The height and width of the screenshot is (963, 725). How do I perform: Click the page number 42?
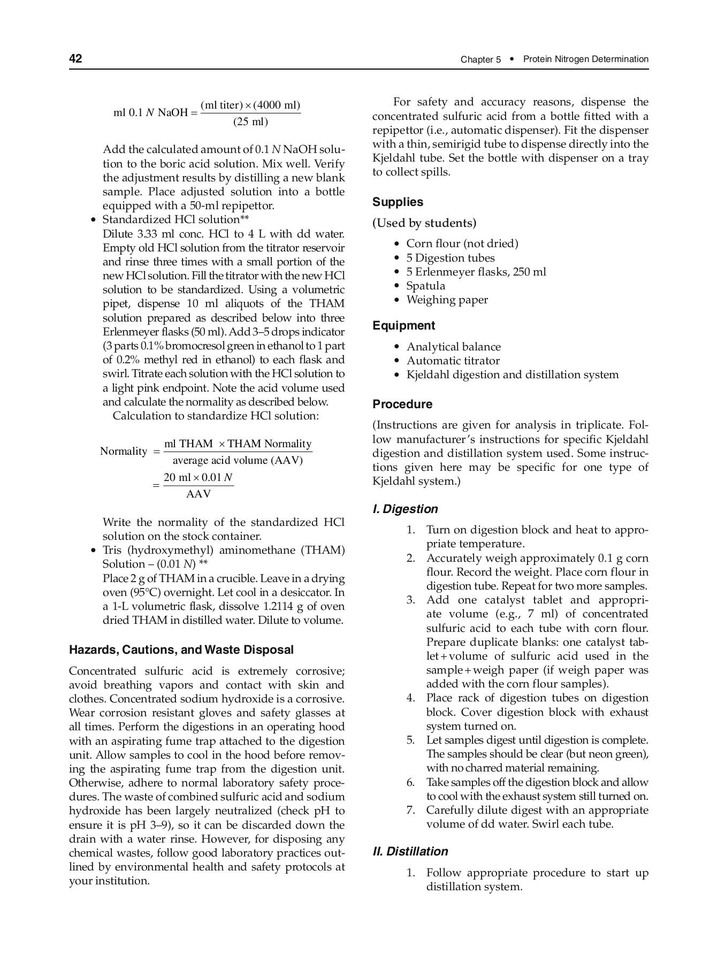[x=75, y=59]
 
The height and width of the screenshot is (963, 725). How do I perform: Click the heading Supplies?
[x=398, y=202]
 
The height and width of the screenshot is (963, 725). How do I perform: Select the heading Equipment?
[x=403, y=326]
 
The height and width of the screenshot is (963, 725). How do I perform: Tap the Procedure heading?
[x=402, y=404]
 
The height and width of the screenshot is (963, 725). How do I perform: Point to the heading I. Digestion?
[x=405, y=509]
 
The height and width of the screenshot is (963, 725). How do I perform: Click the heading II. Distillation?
[x=410, y=852]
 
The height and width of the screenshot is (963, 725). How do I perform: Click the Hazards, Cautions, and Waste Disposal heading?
[x=181, y=650]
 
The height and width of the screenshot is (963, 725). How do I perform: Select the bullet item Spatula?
[x=425, y=286]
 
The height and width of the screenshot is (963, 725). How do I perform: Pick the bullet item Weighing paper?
[x=447, y=300]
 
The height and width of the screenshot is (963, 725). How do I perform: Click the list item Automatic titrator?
[x=453, y=361]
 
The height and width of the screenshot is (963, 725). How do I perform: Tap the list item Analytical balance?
[x=453, y=347]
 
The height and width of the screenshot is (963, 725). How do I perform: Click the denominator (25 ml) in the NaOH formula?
[x=250, y=122]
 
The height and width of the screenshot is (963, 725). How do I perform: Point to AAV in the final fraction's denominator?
[x=199, y=494]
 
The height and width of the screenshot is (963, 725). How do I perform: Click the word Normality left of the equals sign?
[x=124, y=452]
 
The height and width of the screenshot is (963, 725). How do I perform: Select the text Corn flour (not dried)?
[x=462, y=244]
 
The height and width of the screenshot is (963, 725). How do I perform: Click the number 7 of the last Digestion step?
[x=410, y=811]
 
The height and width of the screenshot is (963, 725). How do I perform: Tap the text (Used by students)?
[x=424, y=223]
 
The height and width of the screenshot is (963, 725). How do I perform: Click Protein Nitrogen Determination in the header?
[x=585, y=59]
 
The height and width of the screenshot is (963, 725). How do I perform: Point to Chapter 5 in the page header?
[x=480, y=60]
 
